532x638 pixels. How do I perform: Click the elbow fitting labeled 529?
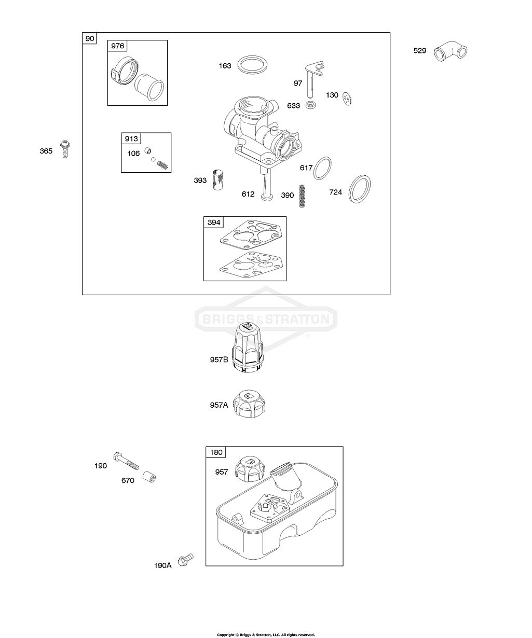pyautogui.click(x=451, y=51)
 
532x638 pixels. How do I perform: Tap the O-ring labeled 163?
pyautogui.click(x=252, y=66)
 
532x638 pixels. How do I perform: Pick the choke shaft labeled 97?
pyautogui.click(x=313, y=77)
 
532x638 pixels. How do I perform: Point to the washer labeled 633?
pyautogui.click(x=311, y=105)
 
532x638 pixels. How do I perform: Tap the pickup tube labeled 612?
pyautogui.click(x=268, y=186)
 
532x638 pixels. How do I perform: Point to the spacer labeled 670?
pyautogui.click(x=149, y=476)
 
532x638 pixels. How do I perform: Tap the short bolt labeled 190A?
pyautogui.click(x=184, y=560)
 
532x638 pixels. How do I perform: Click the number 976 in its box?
pyautogui.click(x=118, y=46)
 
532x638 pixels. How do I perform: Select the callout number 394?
pyautogui.click(x=214, y=223)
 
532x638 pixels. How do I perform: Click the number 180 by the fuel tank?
pyautogui.click(x=216, y=452)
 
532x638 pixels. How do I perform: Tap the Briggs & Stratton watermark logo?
pyautogui.click(x=266, y=318)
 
